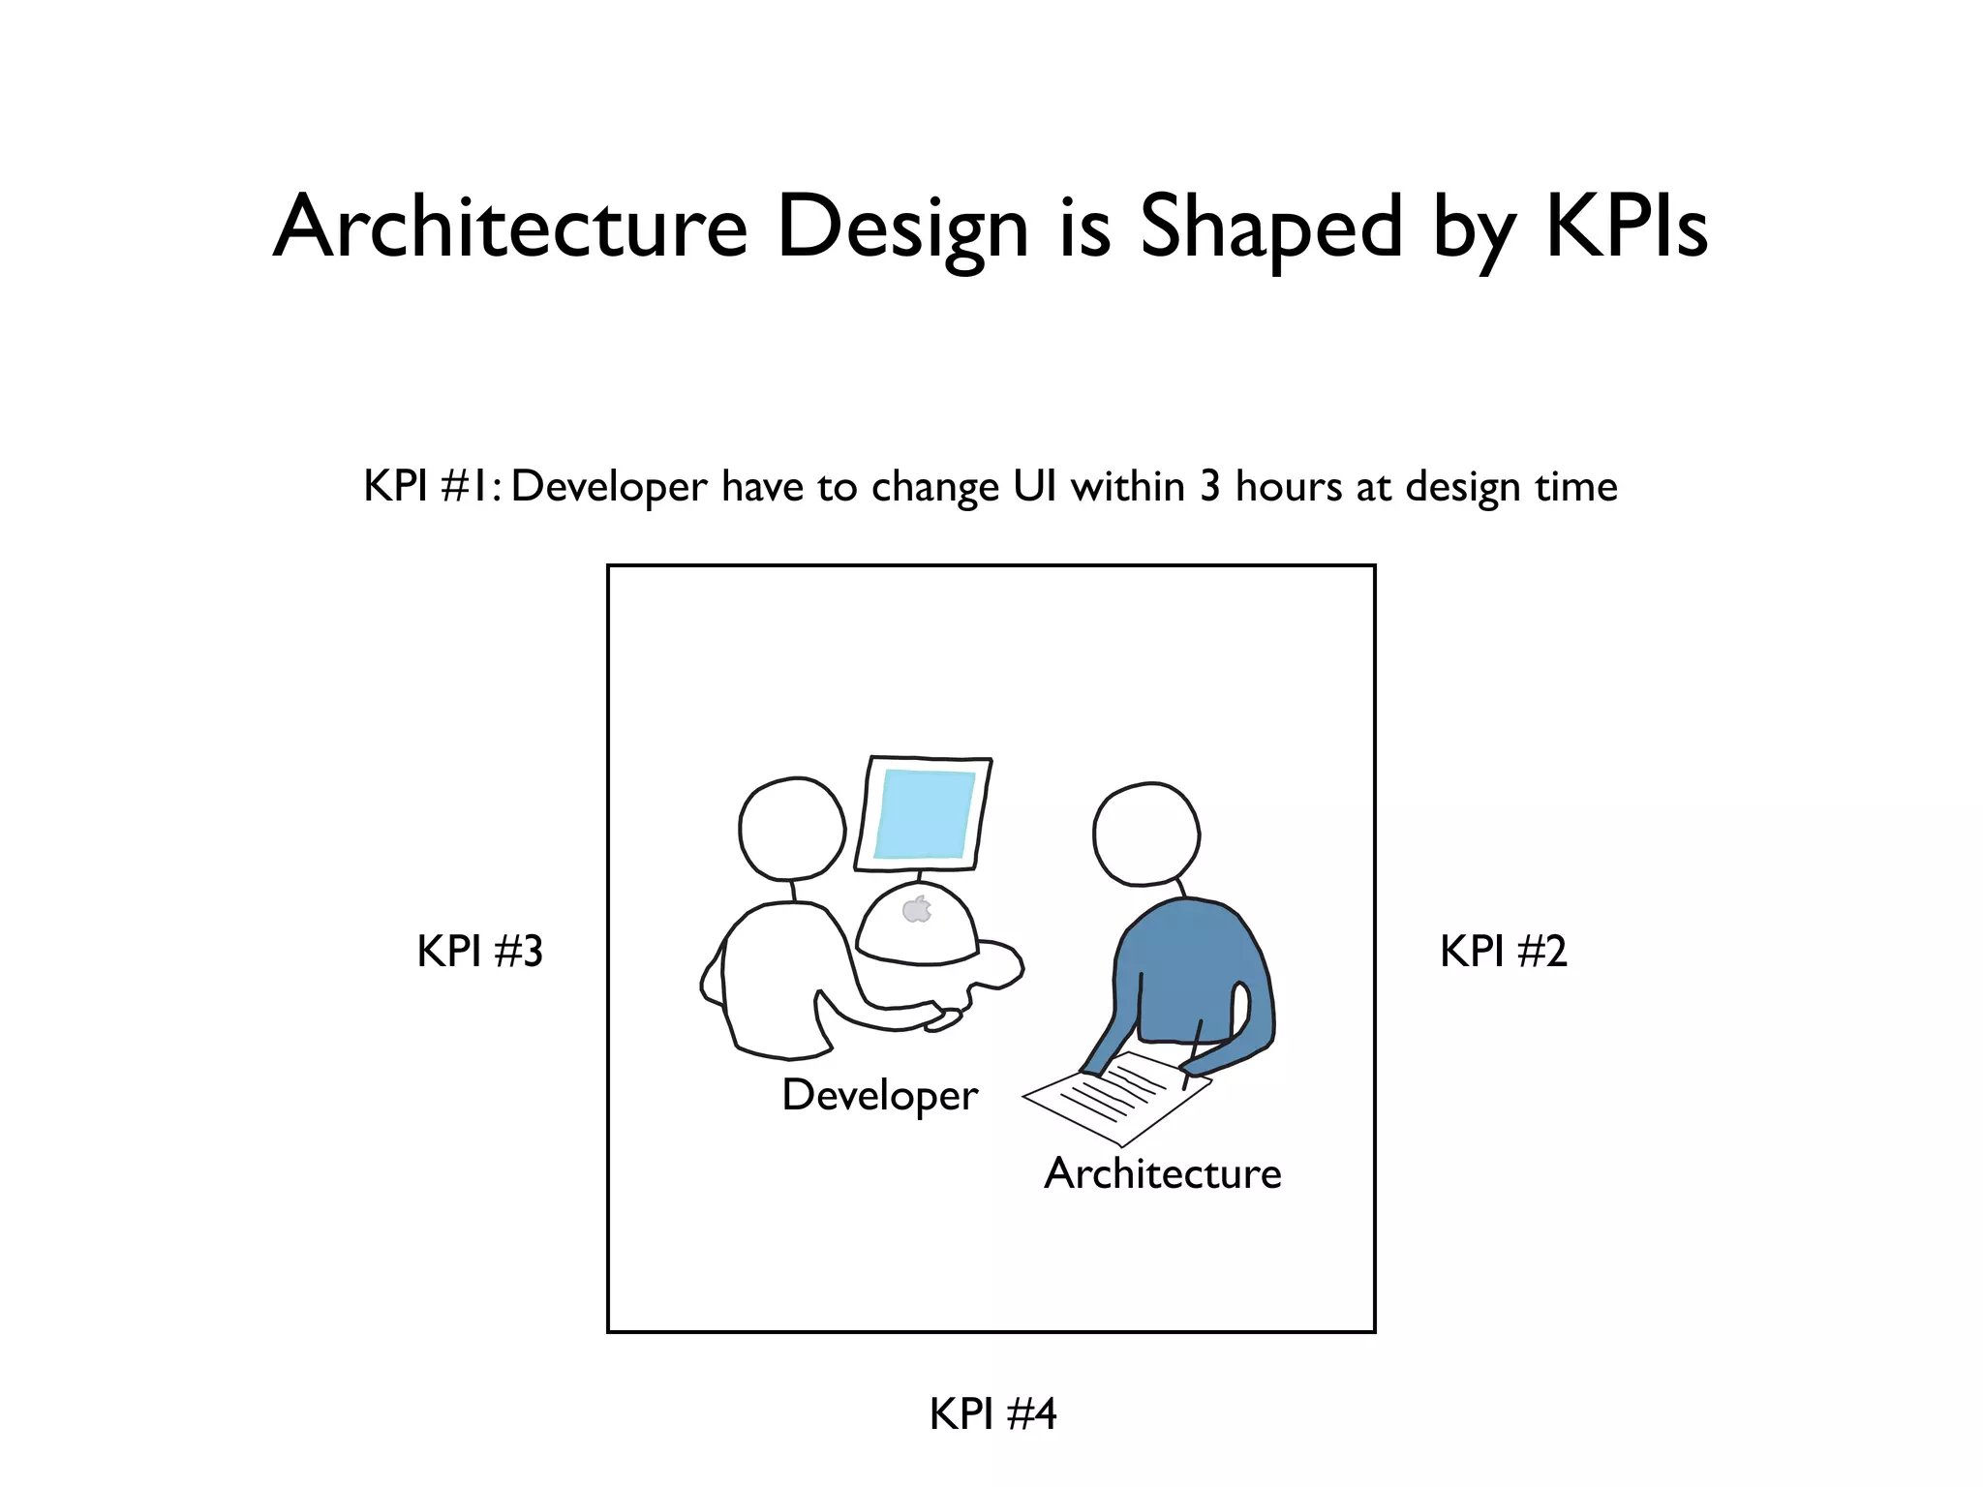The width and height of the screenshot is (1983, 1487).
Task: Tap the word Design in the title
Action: coord(902,228)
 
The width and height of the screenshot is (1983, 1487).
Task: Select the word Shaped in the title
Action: coord(1270,228)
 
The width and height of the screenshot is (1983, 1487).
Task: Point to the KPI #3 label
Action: coord(479,951)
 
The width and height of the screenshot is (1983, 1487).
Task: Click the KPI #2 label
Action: coord(1503,951)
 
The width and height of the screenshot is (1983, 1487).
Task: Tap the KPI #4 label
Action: coord(992,1413)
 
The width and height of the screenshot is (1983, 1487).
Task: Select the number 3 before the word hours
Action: coord(1209,486)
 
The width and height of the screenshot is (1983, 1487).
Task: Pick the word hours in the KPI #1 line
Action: coord(1288,486)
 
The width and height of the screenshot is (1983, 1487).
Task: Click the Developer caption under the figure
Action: coord(879,1096)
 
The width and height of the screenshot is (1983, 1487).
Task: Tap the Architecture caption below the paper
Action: coord(1162,1173)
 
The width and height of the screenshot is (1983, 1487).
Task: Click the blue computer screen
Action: coord(925,814)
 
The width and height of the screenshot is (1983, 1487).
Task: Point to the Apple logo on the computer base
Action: coord(916,910)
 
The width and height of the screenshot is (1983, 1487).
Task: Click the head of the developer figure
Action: coord(792,829)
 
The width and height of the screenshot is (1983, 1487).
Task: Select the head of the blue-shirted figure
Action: coord(1146,834)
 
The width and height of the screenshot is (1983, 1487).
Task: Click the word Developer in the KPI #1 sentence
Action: coord(609,486)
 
